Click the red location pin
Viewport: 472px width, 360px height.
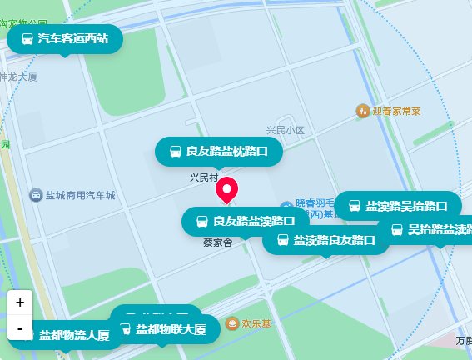pos(226,190)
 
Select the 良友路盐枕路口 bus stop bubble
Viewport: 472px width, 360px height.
pos(219,152)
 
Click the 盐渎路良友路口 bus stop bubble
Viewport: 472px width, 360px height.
pos(326,241)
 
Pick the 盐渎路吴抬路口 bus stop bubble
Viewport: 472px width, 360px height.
pos(398,205)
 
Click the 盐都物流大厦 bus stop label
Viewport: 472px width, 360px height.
pos(73,335)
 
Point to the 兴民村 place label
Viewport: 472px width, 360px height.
pos(203,177)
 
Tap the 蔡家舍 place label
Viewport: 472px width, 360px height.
pos(216,243)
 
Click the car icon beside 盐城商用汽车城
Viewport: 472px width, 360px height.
pos(36,195)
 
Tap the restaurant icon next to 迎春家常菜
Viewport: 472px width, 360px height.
pos(362,110)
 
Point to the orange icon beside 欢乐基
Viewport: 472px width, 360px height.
pos(231,322)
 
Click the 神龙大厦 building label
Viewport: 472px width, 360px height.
pos(18,77)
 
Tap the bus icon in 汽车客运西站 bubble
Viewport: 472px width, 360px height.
pos(27,39)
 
